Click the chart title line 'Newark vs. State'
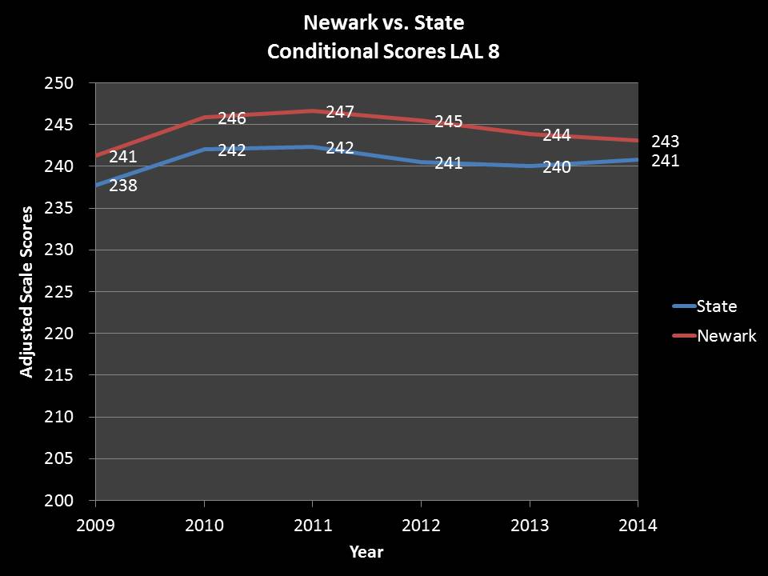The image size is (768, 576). (x=383, y=22)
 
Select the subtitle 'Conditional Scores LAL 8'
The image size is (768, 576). (x=383, y=51)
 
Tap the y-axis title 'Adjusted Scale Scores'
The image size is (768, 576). (x=27, y=291)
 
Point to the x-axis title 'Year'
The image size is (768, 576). (x=366, y=552)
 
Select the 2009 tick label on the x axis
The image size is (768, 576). (x=96, y=526)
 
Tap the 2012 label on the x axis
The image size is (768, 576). (x=421, y=526)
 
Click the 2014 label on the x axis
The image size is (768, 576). (x=638, y=526)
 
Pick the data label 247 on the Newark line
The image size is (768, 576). (x=340, y=112)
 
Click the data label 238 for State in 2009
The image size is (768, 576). (x=122, y=186)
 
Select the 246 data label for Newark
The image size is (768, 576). (x=232, y=118)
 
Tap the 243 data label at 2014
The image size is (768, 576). (x=666, y=142)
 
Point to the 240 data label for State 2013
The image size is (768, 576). (x=557, y=168)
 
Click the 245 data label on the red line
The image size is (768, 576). (x=449, y=122)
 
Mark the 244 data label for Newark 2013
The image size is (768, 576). (x=557, y=135)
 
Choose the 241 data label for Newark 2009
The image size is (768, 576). (x=123, y=157)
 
